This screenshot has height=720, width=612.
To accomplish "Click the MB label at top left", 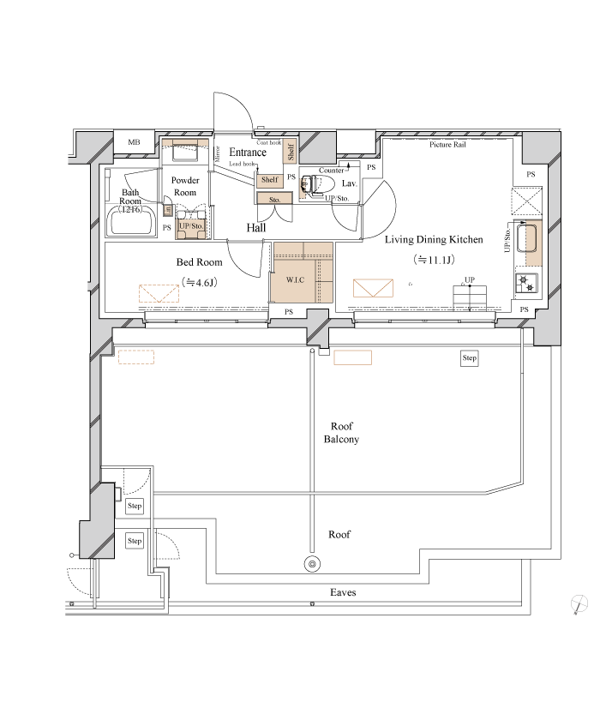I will pos(135,143).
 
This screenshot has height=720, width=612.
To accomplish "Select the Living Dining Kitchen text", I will pos(434,240).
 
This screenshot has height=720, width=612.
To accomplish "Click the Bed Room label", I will pos(200,263).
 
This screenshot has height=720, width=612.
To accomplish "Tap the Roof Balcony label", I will pos(341,433).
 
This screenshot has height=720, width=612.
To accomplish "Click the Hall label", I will pos(255,229).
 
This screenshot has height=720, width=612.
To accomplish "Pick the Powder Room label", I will pos(185,186).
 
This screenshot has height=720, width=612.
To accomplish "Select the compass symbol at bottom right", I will pos(579,604).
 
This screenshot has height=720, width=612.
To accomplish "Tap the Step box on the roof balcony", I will pos(469,358).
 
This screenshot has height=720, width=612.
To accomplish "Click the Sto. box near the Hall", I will pos(275,199).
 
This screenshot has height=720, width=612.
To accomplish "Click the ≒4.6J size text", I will pos(200,282).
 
